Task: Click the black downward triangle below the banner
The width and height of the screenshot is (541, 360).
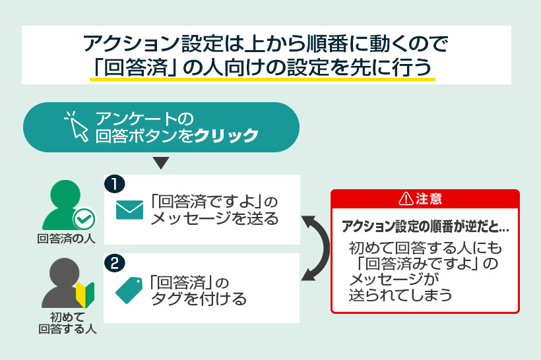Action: click(x=161, y=163)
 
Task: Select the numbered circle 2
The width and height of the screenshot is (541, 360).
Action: click(x=115, y=264)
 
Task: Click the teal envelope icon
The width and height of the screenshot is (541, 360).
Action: click(x=129, y=209)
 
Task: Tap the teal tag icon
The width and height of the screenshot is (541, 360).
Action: click(x=129, y=289)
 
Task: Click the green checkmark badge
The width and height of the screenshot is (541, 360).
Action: click(x=84, y=218)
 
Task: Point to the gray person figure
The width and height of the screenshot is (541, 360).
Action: click(x=59, y=282)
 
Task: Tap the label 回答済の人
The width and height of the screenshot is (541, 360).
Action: click(x=66, y=239)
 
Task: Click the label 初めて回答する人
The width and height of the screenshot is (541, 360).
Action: click(x=67, y=322)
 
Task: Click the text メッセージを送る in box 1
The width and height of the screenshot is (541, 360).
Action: click(x=214, y=219)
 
